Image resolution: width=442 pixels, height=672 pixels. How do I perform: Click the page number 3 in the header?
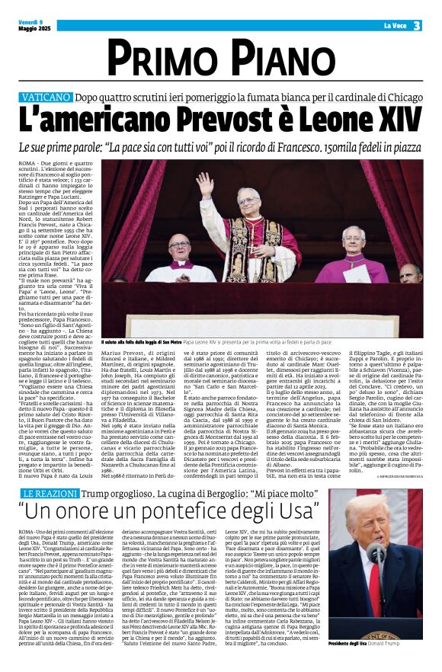pyautogui.click(x=417, y=26)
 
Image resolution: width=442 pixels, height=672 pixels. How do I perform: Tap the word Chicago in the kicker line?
pyautogui.click(x=400, y=98)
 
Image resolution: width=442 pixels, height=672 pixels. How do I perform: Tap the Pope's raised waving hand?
pyautogui.click(x=204, y=183)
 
